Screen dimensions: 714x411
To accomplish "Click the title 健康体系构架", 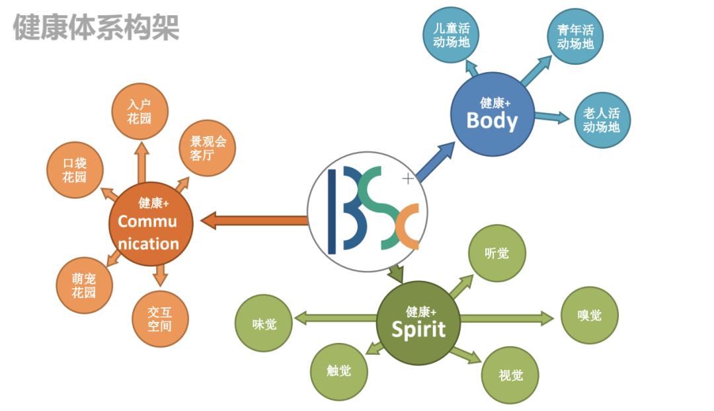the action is [96, 27].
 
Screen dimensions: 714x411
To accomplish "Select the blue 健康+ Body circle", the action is [493, 114].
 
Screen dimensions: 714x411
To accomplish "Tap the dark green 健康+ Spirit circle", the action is [418, 322].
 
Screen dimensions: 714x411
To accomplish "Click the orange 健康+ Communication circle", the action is [151, 224].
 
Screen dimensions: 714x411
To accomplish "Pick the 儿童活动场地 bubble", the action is [451, 35].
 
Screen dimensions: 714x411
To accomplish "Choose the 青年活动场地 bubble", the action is [575, 36].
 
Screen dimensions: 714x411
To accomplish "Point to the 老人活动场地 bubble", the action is [602, 120].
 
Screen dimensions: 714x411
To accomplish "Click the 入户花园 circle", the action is [139, 111].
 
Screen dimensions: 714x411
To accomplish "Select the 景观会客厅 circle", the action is [207, 148].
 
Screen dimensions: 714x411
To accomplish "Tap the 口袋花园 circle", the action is [75, 170].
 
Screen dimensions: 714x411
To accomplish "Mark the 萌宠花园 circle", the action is [84, 285].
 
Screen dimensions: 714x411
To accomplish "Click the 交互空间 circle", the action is [160, 319].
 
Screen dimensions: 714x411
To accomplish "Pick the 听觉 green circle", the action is [496, 253].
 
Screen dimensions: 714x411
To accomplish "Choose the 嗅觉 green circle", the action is [589, 315].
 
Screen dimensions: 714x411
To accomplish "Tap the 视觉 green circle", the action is [510, 375].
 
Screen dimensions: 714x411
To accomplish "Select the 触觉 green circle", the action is [338, 371].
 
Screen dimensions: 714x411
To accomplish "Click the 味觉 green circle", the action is [264, 323].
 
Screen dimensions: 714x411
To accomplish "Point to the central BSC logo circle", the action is [368, 211].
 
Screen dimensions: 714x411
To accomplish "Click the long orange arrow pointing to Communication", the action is [254, 221].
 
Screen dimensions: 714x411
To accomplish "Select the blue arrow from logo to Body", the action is [436, 161].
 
